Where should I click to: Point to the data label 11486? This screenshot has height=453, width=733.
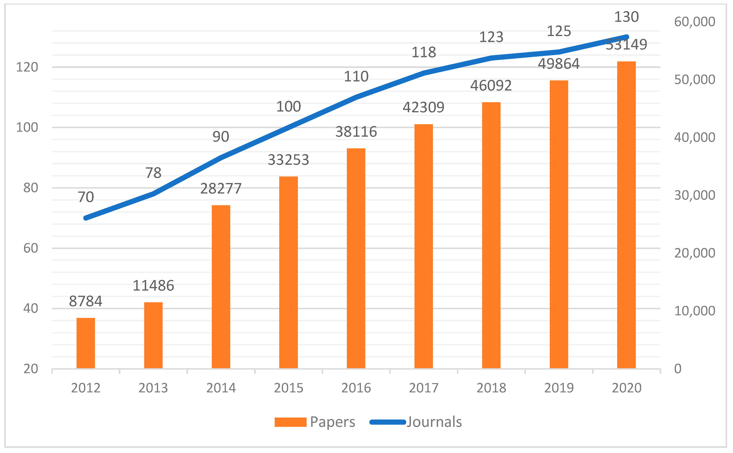point(153,285)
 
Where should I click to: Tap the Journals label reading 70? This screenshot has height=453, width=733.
point(86,197)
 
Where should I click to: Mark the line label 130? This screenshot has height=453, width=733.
point(627,17)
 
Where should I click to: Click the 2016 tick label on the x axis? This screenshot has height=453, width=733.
point(356,388)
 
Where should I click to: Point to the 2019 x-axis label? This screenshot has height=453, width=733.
point(559,388)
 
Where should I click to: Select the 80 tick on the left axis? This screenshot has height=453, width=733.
point(31,188)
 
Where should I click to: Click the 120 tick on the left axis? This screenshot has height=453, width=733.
point(27,67)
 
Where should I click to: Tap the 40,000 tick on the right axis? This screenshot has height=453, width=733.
point(694,137)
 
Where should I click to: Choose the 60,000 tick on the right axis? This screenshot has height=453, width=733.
point(694,22)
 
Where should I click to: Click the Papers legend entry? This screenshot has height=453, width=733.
point(315,422)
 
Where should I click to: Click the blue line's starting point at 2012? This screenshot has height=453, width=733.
point(86,218)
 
